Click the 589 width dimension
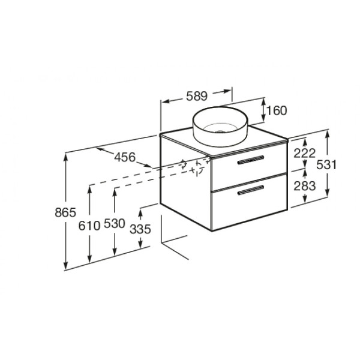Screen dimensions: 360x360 click(197, 96)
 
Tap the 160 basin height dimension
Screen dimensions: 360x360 click(277, 110)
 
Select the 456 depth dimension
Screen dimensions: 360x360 click(125, 157)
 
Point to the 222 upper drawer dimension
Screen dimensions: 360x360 click(305, 153)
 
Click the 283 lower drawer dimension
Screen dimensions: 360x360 click(305, 186)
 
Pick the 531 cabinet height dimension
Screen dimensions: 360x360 click(326, 164)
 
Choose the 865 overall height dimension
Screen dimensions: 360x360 click(65, 212)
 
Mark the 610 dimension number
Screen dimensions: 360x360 click(89, 226)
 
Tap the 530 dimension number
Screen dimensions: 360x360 click(115, 223)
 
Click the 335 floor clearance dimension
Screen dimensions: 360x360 click(140, 229)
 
